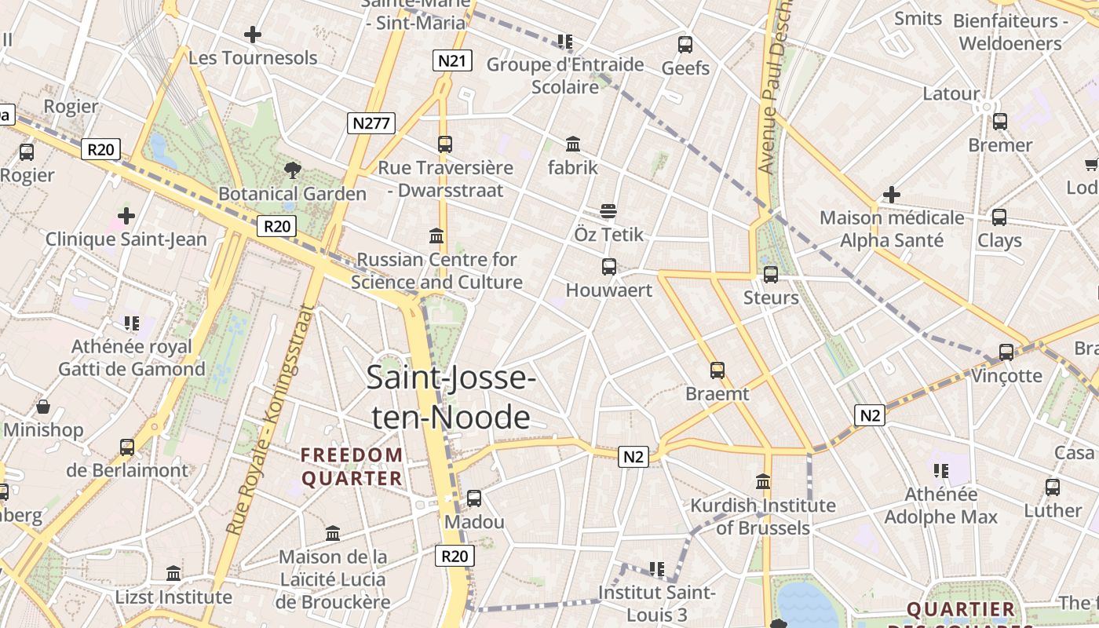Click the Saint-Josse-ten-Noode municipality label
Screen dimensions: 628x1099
[451, 397]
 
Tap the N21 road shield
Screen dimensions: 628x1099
[452, 60]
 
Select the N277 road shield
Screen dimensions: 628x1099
[371, 122]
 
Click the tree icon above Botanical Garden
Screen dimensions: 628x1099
[293, 169]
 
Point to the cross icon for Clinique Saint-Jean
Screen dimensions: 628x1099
[126, 215]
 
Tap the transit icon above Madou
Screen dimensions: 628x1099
[474, 498]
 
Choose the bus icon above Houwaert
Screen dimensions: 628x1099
[609, 266]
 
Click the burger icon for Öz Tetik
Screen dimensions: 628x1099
[608, 210]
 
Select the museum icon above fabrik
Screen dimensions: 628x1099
[573, 144]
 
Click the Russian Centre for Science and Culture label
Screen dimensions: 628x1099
[436, 271]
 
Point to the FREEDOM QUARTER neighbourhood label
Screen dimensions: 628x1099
[352, 466]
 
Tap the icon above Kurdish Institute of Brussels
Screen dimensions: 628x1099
[763, 481]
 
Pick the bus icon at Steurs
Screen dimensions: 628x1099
[771, 274]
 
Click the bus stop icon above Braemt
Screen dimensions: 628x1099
[717, 370]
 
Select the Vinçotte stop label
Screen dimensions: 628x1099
[1006, 375]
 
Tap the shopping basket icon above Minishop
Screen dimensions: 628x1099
[43, 407]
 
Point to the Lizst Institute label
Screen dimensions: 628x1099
[173, 597]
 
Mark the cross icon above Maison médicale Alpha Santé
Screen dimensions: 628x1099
[892, 194]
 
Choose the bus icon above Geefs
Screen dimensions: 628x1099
[685, 44]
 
